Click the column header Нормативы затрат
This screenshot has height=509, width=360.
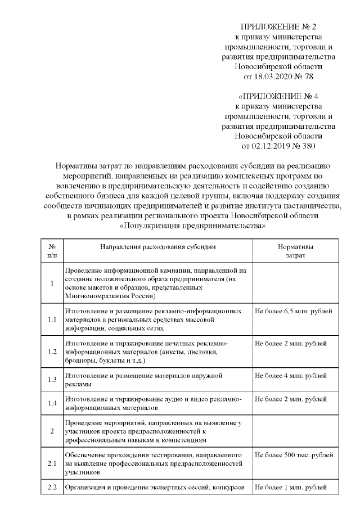pos(296,251)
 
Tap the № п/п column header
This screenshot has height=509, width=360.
pos(52,251)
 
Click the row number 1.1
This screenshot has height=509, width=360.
pos(52,320)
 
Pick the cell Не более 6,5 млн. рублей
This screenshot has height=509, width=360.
pos(293,311)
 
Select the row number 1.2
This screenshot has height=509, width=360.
pos(52,352)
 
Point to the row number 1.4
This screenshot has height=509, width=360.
pos(52,403)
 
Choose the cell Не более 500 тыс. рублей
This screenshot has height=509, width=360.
pos(294,454)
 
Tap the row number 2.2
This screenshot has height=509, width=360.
pos(52,487)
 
